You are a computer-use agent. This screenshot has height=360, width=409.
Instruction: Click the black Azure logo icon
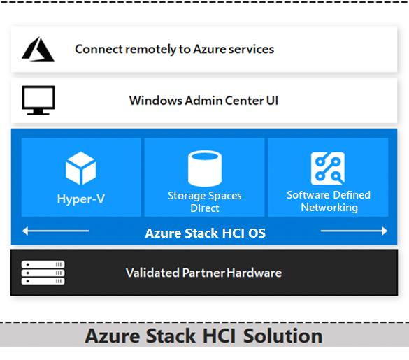click(38, 50)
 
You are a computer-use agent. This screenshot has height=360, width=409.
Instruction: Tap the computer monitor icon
click(38, 100)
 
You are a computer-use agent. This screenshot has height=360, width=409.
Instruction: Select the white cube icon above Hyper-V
click(81, 168)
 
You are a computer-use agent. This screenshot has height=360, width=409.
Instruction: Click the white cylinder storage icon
click(205, 168)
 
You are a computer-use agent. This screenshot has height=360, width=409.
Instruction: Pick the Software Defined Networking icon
click(328, 168)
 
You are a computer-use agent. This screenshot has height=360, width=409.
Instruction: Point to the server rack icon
click(43, 273)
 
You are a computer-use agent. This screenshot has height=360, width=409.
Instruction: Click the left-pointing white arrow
click(55, 231)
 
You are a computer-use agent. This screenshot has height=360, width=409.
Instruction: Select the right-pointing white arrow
click(354, 231)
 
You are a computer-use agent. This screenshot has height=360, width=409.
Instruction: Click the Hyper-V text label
click(81, 199)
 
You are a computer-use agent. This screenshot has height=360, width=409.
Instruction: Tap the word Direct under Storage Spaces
click(205, 208)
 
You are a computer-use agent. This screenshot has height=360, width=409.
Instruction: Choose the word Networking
click(329, 208)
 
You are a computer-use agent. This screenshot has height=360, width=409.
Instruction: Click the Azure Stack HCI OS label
click(206, 233)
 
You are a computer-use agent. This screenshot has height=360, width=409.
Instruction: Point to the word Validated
click(153, 273)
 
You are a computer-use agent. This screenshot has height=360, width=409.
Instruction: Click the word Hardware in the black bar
click(254, 273)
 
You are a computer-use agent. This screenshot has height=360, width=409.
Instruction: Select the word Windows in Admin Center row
click(156, 101)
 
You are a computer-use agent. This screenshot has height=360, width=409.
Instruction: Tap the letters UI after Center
click(273, 101)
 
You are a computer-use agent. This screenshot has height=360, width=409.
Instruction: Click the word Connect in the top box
click(99, 49)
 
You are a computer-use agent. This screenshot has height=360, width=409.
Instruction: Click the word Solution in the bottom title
click(282, 336)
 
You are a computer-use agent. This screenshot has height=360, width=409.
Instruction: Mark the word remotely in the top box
click(150, 50)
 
